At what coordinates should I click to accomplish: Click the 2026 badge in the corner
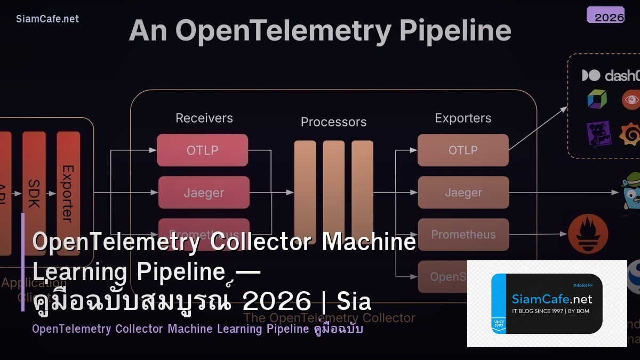tap(605, 15)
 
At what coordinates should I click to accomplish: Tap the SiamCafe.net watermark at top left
tap(47, 19)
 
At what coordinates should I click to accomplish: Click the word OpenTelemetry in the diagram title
tap(283, 30)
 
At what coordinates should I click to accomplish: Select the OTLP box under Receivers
tap(202, 150)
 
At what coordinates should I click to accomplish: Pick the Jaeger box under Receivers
tap(204, 193)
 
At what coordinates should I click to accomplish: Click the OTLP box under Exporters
tap(462, 150)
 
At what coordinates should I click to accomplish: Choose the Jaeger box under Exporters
tap(463, 193)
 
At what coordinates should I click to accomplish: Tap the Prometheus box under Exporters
tap(463, 235)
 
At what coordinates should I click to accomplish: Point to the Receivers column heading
tap(204, 118)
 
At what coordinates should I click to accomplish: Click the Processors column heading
tap(333, 122)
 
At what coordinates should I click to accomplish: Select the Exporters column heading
tap(463, 118)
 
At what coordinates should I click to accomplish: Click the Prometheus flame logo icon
tap(588, 234)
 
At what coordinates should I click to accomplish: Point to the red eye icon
tap(631, 100)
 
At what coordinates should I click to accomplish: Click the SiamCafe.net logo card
tap(547, 303)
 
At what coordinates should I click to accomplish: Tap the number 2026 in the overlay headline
tap(276, 301)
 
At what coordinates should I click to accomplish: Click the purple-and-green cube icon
tap(597, 99)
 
